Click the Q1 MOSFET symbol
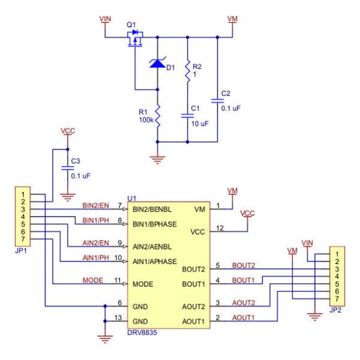pyautogui.click(x=135, y=38)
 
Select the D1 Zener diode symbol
pyautogui.click(x=158, y=63)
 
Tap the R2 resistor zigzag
pyautogui.click(x=188, y=71)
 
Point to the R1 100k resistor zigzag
pyautogui.click(x=158, y=116)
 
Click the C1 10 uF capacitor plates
pyautogui.click(x=187, y=116)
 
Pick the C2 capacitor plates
pyautogui.click(x=217, y=101)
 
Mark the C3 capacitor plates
pyautogui.click(x=68, y=168)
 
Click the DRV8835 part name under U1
pyautogui.click(x=142, y=332)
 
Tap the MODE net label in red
pyautogui.click(x=93, y=280)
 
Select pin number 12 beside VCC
pyautogui.click(x=220, y=228)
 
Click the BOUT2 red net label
pyautogui.click(x=243, y=265)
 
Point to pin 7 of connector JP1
pyautogui.click(x=23, y=239)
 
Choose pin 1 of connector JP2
pyautogui.click(x=337, y=254)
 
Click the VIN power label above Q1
pyautogui.click(x=105, y=19)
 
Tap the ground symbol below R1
pyautogui.click(x=158, y=160)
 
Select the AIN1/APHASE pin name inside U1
pyautogui.click(x=154, y=262)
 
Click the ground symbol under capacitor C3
pyautogui.click(x=68, y=198)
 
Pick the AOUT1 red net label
pyautogui.click(x=243, y=318)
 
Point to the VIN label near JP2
pyautogui.click(x=307, y=243)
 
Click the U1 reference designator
pyautogui.click(x=132, y=198)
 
